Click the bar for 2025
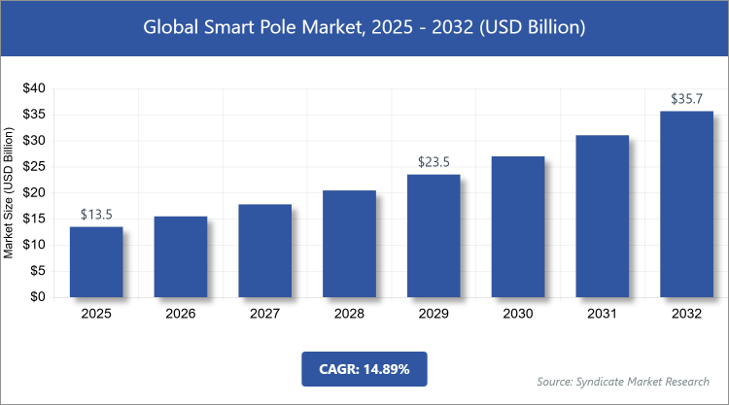pyautogui.click(x=95, y=262)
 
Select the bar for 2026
pyautogui.click(x=180, y=257)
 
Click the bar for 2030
pyautogui.click(x=517, y=227)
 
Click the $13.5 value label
pyautogui.click(x=95, y=215)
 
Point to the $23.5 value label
pyautogui.click(x=434, y=162)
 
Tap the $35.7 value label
pyautogui.click(x=686, y=99)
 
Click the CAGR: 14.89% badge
pyautogui.click(x=364, y=369)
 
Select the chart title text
pyautogui.click(x=364, y=28)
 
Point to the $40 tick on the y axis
pyautogui.click(x=33, y=88)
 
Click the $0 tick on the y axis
pyautogui.click(x=37, y=298)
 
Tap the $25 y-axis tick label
pyautogui.click(x=33, y=167)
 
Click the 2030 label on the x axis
pyautogui.click(x=517, y=314)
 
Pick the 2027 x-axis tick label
pyautogui.click(x=264, y=314)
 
